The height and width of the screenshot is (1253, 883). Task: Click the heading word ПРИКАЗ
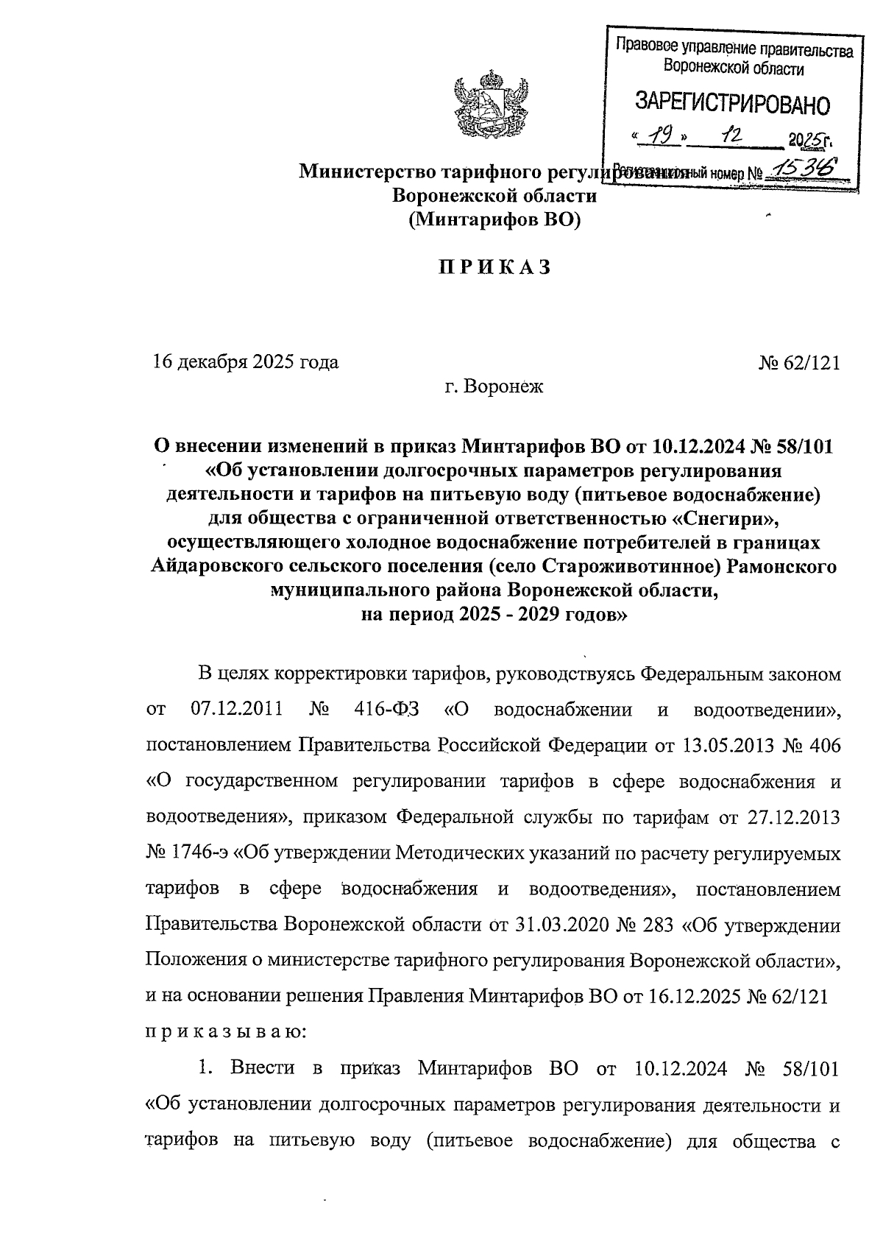(x=495, y=268)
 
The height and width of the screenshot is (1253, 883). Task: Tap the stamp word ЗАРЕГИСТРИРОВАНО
(x=732, y=105)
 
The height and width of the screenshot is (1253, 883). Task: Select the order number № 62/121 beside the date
(x=798, y=362)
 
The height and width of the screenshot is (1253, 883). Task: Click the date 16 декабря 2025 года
(x=246, y=362)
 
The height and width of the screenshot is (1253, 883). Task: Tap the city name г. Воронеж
(x=494, y=386)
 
